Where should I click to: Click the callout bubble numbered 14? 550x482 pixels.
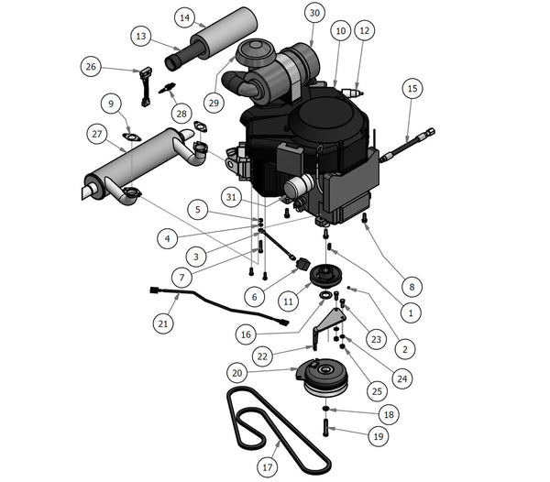click(185, 17)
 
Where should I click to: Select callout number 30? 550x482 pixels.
click(314, 13)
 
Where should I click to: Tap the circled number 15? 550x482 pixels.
click(412, 89)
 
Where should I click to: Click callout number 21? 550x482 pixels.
click(163, 323)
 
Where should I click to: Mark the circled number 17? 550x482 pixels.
click(267, 466)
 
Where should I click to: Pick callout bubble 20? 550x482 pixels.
click(237, 373)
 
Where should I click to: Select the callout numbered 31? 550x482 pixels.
click(236, 196)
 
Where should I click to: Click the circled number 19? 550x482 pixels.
click(377, 437)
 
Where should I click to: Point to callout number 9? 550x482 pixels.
click(112, 103)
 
